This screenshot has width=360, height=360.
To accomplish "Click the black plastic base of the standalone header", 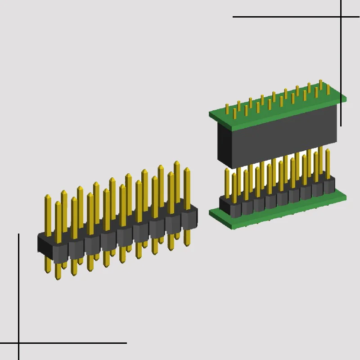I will pyautogui.click(x=117, y=238).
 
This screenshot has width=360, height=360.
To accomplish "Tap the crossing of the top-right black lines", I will pyautogui.click(x=341, y=17).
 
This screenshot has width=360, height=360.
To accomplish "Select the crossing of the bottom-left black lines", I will pyautogui.click(x=18, y=343).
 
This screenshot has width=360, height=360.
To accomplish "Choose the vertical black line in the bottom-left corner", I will pyautogui.click(x=18, y=288).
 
